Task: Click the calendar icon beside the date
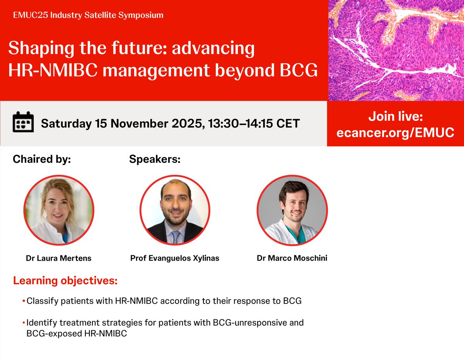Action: coord(23,123)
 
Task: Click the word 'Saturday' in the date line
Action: coord(66,123)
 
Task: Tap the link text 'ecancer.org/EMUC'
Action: coord(395,133)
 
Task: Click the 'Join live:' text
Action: coord(395,116)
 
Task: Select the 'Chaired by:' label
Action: coord(42,159)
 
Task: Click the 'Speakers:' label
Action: coord(155,159)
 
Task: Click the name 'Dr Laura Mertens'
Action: coord(59,258)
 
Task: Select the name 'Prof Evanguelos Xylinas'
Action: coord(175,258)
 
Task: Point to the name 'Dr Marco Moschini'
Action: coord(292,258)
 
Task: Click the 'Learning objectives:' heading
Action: coord(65,280)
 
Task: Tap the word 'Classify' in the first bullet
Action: coord(40,301)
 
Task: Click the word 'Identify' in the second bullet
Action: coord(40,322)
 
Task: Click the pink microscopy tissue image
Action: coord(396,50)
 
